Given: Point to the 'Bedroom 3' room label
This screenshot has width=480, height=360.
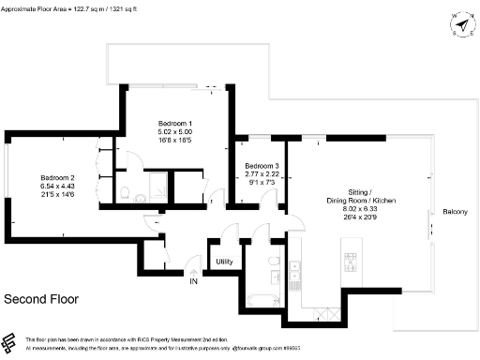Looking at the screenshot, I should click(262, 166).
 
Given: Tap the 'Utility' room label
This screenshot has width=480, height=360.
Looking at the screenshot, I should click(224, 262).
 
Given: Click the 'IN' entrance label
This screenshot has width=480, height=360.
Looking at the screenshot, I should click(194, 281).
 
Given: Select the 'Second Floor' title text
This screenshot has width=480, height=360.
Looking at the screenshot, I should click(41, 300).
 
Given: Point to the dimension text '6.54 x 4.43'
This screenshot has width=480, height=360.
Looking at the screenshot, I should click(56, 187).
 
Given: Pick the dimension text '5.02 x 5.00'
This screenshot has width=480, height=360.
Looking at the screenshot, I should click(173, 133).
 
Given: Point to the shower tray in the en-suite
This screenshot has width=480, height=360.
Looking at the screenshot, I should click(155, 184).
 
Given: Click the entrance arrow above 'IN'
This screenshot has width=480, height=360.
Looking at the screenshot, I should click(194, 268).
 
